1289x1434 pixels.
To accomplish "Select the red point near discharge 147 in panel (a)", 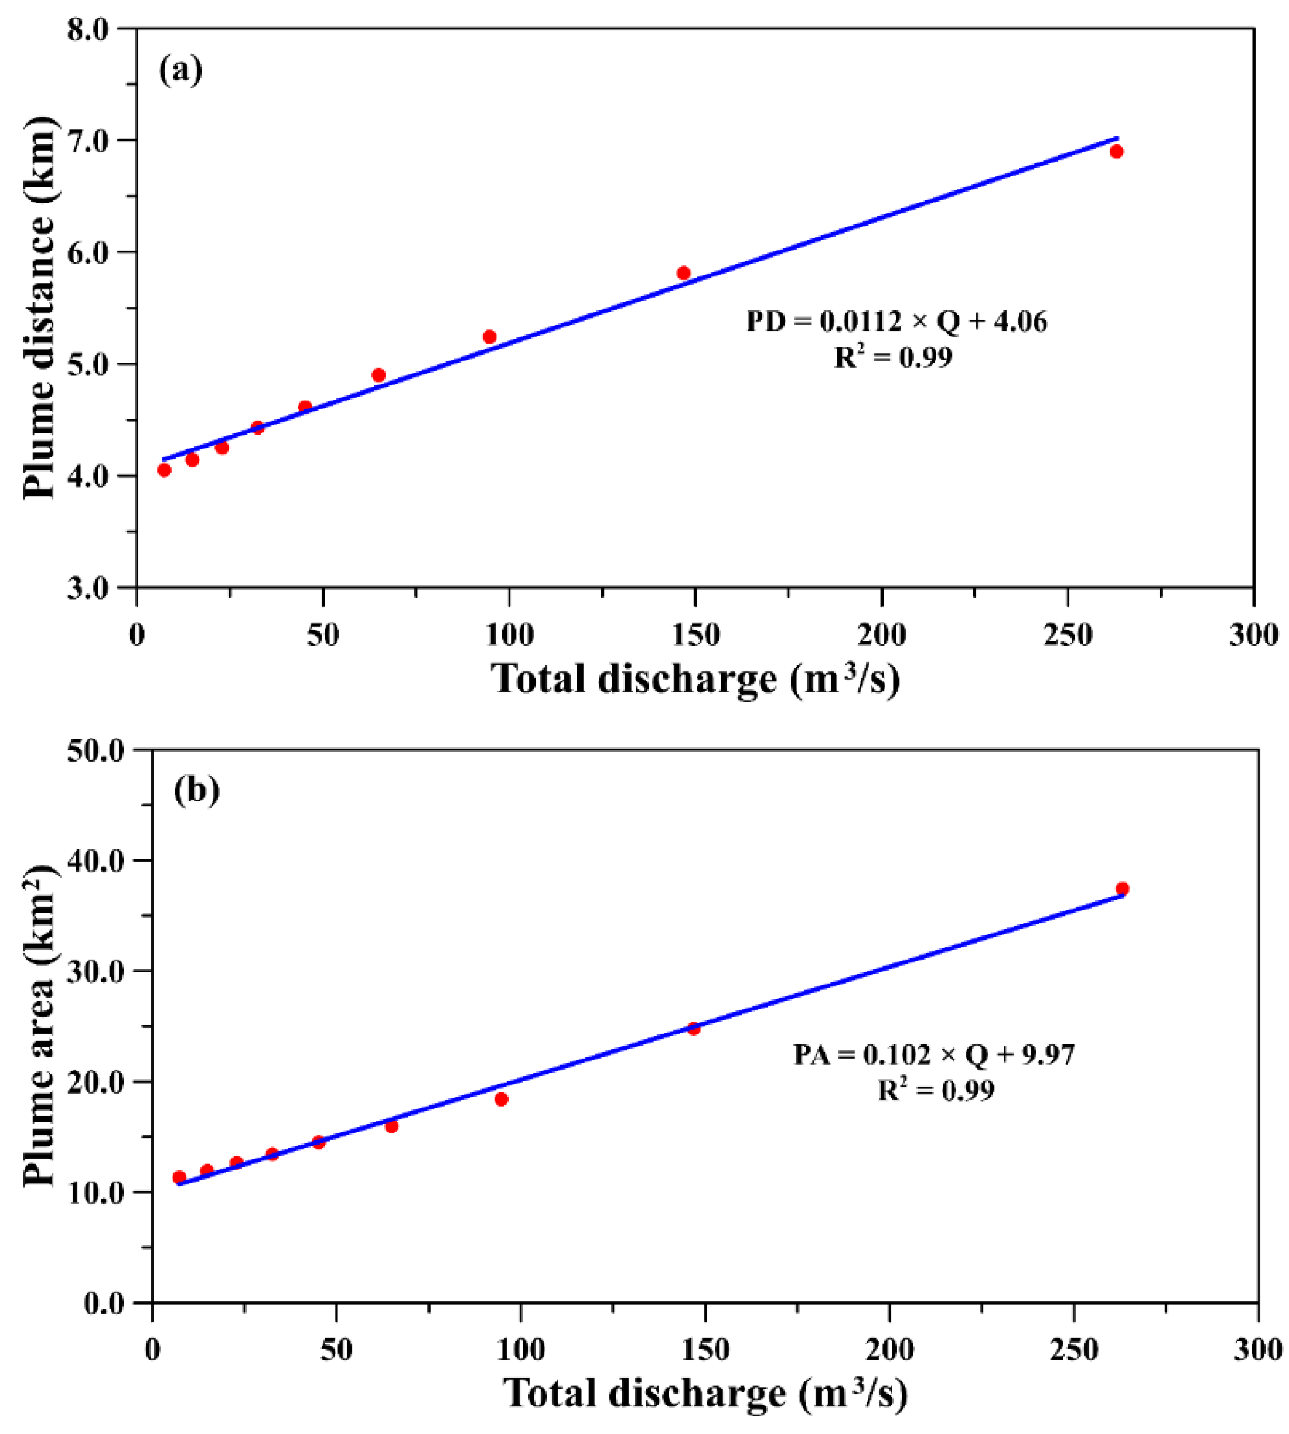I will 683,274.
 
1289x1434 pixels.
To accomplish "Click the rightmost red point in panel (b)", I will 1123,888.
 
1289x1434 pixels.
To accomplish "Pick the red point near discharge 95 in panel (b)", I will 502,1099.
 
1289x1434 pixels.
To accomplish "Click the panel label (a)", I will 180,71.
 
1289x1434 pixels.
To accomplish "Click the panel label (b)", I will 196,790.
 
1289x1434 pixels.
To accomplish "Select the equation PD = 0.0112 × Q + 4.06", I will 896,322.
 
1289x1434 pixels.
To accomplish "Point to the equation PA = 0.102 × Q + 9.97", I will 933,1055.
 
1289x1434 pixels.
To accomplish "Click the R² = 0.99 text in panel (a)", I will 893,357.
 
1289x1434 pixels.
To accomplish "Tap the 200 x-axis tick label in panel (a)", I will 881,635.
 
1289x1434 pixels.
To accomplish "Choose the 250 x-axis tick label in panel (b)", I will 1074,1350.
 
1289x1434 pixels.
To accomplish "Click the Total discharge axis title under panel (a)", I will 696,679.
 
